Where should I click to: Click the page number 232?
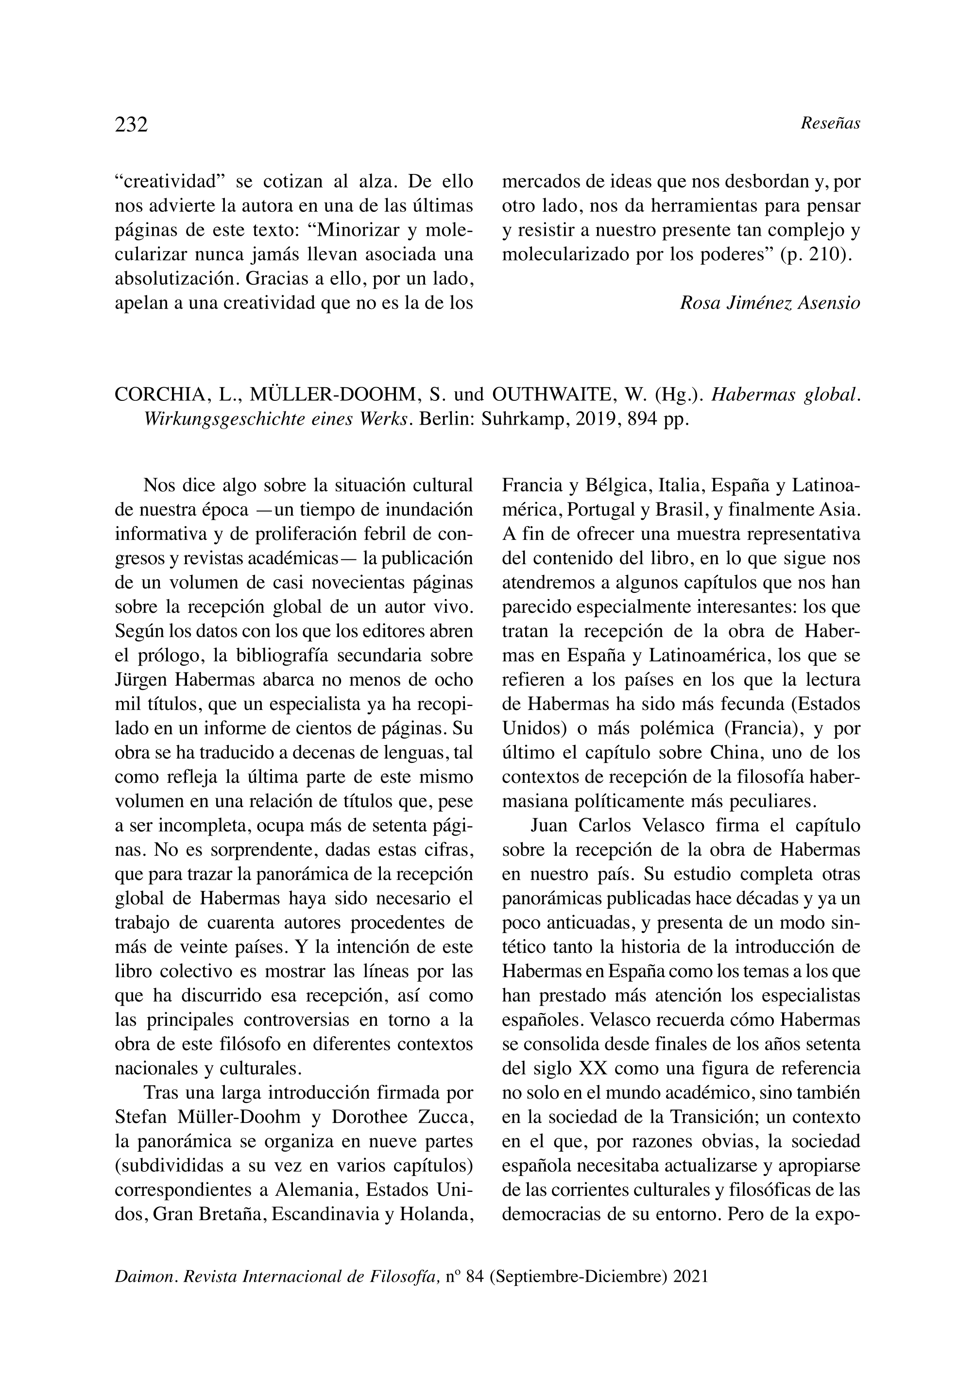coord(131,124)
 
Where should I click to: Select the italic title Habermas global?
coord(786,395)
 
